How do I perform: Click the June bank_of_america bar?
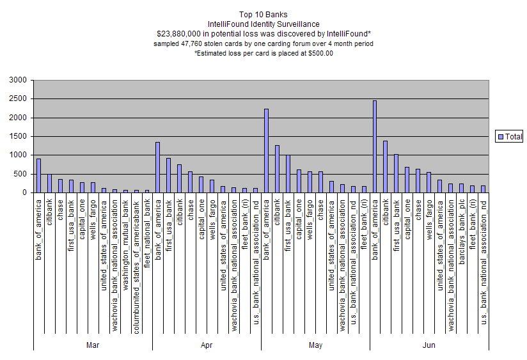click(375, 146)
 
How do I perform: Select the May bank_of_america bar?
click(266, 151)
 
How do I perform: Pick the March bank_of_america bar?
click(38, 176)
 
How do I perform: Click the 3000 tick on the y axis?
click(17, 81)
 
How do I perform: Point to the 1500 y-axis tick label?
click(17, 137)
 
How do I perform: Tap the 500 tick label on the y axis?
click(20, 174)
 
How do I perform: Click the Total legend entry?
click(510, 136)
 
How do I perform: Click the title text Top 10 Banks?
click(263, 14)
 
